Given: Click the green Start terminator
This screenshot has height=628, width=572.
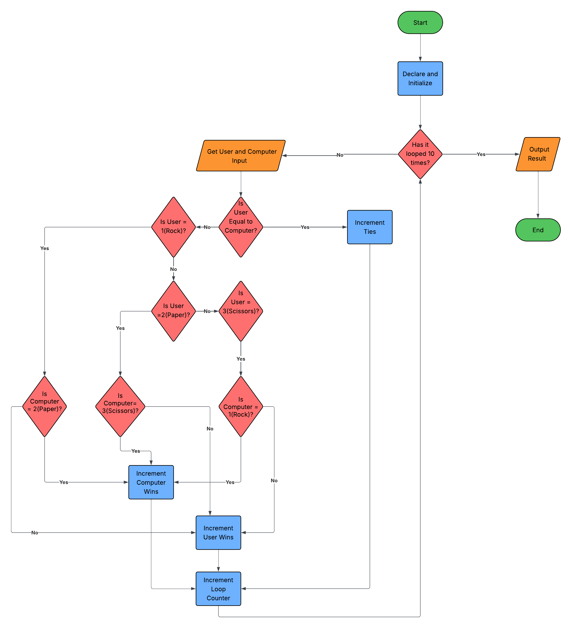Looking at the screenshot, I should point(420,22).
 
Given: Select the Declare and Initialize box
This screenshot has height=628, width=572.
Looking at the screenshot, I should point(420,78).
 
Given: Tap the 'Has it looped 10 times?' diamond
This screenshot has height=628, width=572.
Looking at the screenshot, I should point(420,154).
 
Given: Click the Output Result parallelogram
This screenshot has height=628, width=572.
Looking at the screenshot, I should point(538,154).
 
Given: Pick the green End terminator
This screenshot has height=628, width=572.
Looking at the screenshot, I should point(538,230).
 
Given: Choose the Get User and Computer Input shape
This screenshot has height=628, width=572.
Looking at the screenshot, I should point(241,156).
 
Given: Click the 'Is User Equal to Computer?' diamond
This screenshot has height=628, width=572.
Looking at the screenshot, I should point(241,227).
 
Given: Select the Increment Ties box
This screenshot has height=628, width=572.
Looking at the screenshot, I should point(370,227).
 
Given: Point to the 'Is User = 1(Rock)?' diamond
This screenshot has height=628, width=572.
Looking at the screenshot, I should point(173,227).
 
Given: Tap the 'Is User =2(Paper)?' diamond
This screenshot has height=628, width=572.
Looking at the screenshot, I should point(173,311).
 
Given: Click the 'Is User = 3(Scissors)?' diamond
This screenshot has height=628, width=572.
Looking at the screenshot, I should point(241,311).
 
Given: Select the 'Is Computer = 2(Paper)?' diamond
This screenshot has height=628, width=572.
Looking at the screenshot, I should point(45,406).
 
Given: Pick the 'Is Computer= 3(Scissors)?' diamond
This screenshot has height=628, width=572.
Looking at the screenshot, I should point(120,406).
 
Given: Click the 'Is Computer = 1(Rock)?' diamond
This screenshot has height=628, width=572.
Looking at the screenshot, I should point(241,406).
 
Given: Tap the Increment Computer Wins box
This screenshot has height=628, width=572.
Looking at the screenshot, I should point(151,482).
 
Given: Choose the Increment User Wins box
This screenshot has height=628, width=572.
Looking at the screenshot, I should point(218,532).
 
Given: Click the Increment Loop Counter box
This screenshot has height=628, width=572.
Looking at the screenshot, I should point(218,588).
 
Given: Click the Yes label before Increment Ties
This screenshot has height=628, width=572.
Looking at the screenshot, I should point(305,227).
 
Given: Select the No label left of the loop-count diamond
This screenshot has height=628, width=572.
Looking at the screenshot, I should point(340,155).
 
